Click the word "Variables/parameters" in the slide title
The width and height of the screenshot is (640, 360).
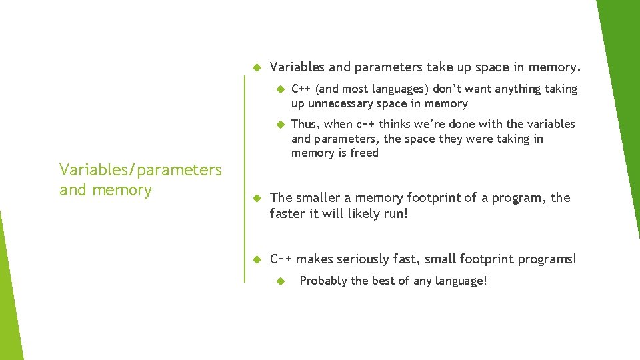pyautogui.click(x=140, y=170)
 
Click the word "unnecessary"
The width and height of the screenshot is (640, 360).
pyautogui.click(x=339, y=104)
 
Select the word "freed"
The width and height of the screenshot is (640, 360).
pyautogui.click(x=363, y=153)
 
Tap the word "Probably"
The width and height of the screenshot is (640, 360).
pyautogui.click(x=323, y=281)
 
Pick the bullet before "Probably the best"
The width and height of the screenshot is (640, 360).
pyautogui.click(x=281, y=281)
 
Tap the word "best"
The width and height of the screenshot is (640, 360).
pyautogui.click(x=383, y=281)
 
